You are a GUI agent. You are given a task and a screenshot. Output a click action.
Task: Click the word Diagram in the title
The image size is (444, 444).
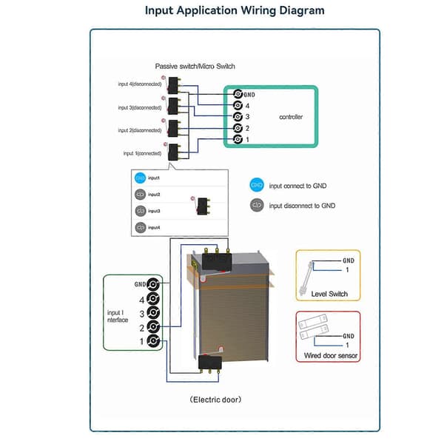tap(302, 11)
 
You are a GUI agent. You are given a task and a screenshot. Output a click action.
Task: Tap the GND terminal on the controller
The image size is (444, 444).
tap(238, 94)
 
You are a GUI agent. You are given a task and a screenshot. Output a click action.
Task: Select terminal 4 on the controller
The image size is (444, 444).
tap(238, 105)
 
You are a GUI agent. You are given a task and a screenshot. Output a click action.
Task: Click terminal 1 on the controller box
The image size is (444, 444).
tap(238, 139)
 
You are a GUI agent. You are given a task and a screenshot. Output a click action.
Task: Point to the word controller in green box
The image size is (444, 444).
tap(291, 117)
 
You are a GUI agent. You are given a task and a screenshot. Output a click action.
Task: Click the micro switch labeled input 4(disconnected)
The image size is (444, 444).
tap(174, 86)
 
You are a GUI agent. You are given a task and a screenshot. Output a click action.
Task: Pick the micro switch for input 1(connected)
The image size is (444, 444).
tap(173, 152)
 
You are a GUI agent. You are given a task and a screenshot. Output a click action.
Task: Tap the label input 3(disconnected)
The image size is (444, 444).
tap(140, 107)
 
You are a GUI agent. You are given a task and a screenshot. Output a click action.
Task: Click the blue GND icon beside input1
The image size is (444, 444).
tap(140, 178)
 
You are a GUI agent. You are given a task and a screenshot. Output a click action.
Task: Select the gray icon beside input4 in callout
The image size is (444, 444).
tap(141, 227)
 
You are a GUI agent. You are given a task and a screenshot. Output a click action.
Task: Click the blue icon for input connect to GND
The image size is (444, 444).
tap(257, 185)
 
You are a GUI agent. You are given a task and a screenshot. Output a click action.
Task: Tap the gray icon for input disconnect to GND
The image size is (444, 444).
tap(257, 205)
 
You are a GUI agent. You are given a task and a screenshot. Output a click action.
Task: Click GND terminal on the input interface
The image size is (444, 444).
tap(153, 284)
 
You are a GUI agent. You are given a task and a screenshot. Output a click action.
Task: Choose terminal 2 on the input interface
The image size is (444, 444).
tap(153, 327)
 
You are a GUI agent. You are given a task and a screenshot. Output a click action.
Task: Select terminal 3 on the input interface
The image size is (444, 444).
tap(153, 312)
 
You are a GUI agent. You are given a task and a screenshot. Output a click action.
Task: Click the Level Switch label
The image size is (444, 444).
tap(329, 294)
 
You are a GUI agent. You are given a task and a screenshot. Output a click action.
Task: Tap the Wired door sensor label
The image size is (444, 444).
tap(331, 355)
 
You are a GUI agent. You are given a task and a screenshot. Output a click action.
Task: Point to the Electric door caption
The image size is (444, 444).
tap(215, 400)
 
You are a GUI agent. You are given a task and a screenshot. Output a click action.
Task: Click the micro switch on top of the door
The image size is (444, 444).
tap(217, 260)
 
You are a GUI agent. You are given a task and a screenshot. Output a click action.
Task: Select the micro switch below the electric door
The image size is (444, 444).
tap(210, 363)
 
